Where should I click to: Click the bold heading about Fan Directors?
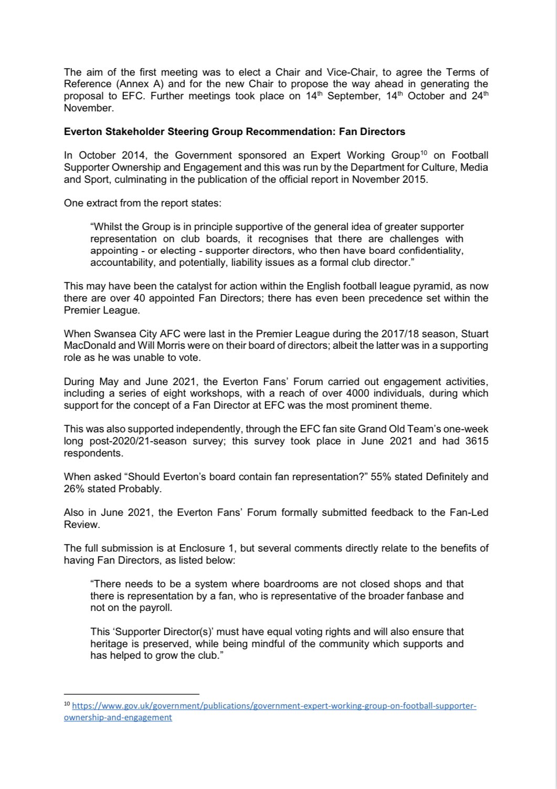tap(234, 131)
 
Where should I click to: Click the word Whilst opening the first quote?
tap(106, 227)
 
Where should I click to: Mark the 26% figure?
tap(74, 489)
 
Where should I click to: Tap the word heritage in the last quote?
tap(108, 644)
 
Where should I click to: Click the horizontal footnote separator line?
tap(131, 693)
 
